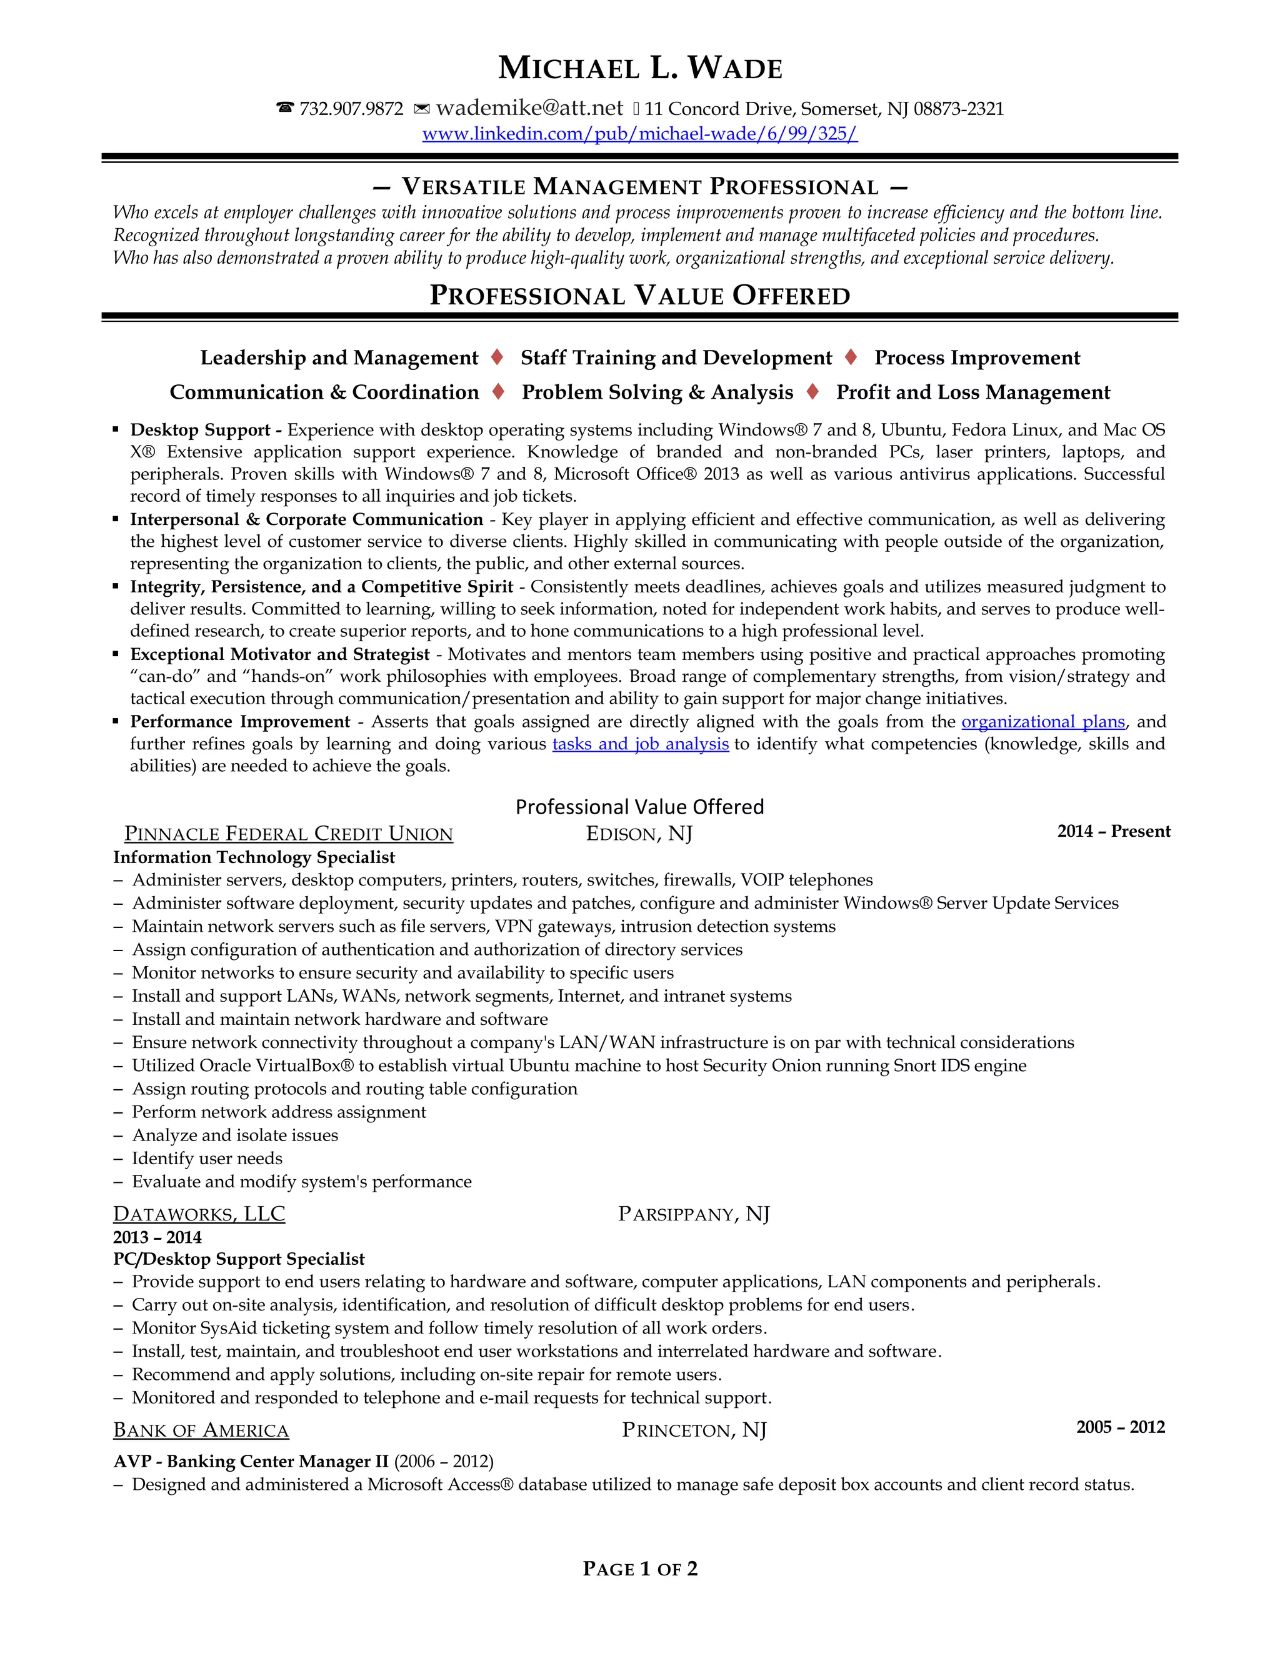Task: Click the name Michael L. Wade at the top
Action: (x=640, y=68)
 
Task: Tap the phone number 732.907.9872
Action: (x=351, y=109)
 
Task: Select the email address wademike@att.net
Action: (x=529, y=109)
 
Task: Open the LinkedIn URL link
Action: (x=640, y=134)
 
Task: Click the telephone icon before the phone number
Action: (x=285, y=109)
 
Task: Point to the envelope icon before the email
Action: (x=422, y=109)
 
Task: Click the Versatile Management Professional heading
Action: (x=640, y=186)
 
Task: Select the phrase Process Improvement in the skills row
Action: (x=977, y=358)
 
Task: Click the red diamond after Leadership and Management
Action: (x=497, y=357)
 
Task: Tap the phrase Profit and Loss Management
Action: (x=973, y=393)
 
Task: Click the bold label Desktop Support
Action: (x=200, y=430)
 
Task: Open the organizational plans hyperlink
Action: (x=1042, y=722)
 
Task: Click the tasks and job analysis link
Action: (x=640, y=744)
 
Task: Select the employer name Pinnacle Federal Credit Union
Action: (x=288, y=834)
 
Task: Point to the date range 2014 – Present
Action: (x=1113, y=831)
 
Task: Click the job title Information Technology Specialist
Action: (x=254, y=857)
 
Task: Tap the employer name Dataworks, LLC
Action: (x=199, y=1214)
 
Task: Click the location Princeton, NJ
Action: (x=694, y=1430)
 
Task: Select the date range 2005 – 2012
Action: (x=1120, y=1427)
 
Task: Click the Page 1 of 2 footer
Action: (x=640, y=1569)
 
